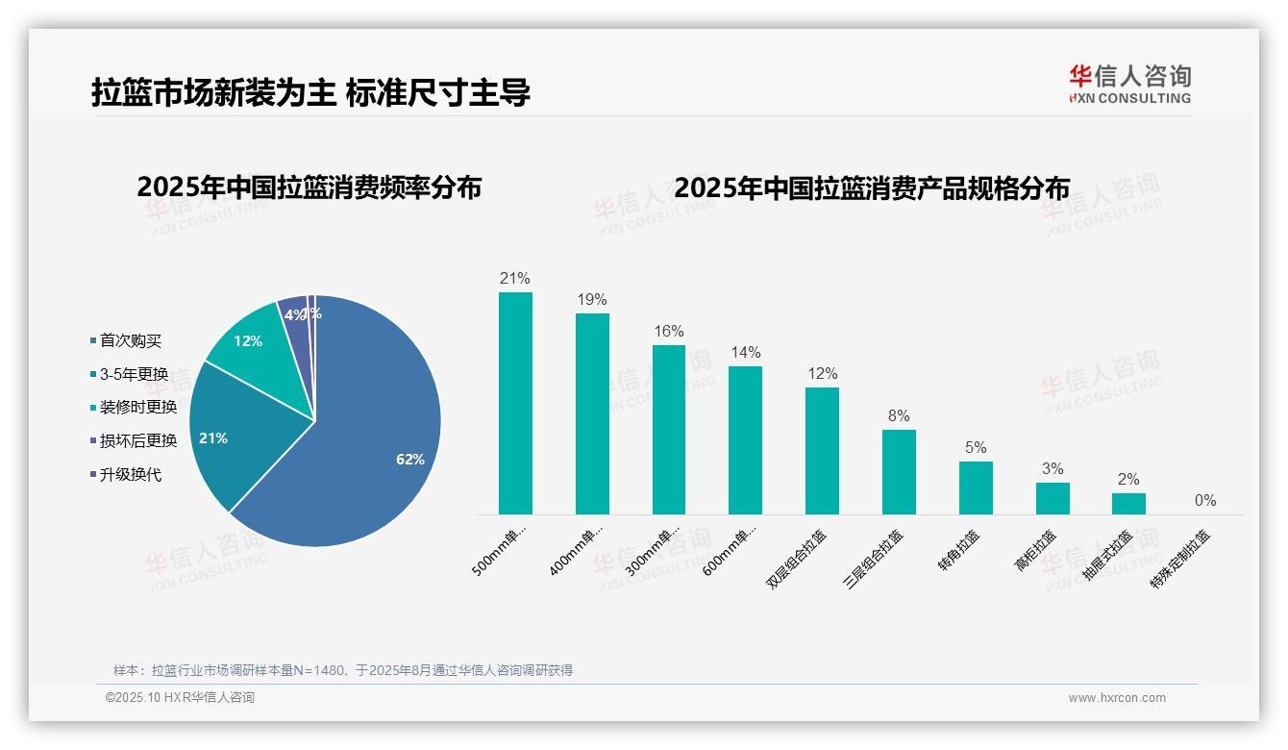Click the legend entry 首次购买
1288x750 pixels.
(131, 341)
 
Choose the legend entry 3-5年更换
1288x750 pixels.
(134, 374)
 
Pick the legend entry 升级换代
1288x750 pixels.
(131, 474)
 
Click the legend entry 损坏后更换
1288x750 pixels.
(138, 440)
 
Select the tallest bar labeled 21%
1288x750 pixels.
(515, 403)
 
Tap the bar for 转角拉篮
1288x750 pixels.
(976, 487)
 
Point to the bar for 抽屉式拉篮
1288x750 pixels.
(1128, 503)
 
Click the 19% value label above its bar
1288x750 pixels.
(592, 299)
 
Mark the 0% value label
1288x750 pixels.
(1205, 500)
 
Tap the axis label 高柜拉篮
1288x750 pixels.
(1035, 550)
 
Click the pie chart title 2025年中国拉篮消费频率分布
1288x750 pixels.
(309, 187)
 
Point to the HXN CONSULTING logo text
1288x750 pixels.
(1130, 98)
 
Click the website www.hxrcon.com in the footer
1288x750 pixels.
(1117, 698)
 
